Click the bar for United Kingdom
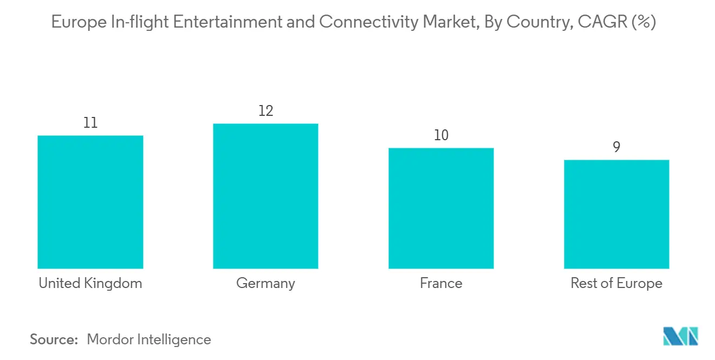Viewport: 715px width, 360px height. click(x=90, y=202)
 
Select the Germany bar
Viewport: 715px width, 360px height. click(x=265, y=196)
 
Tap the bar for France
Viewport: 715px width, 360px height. click(x=441, y=208)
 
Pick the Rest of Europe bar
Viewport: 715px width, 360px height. click(x=616, y=214)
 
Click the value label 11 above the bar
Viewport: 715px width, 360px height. click(x=90, y=123)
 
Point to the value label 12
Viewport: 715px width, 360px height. click(x=265, y=111)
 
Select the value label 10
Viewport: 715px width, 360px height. click(x=441, y=135)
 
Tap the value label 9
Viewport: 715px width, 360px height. click(x=616, y=147)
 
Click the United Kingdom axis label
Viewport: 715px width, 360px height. click(x=90, y=283)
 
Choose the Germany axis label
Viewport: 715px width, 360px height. click(x=265, y=284)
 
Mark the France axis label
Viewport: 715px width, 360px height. click(x=441, y=283)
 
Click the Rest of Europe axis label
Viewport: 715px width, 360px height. click(x=616, y=283)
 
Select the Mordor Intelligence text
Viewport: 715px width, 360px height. click(x=149, y=339)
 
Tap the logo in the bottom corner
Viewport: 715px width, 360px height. click(x=681, y=336)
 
